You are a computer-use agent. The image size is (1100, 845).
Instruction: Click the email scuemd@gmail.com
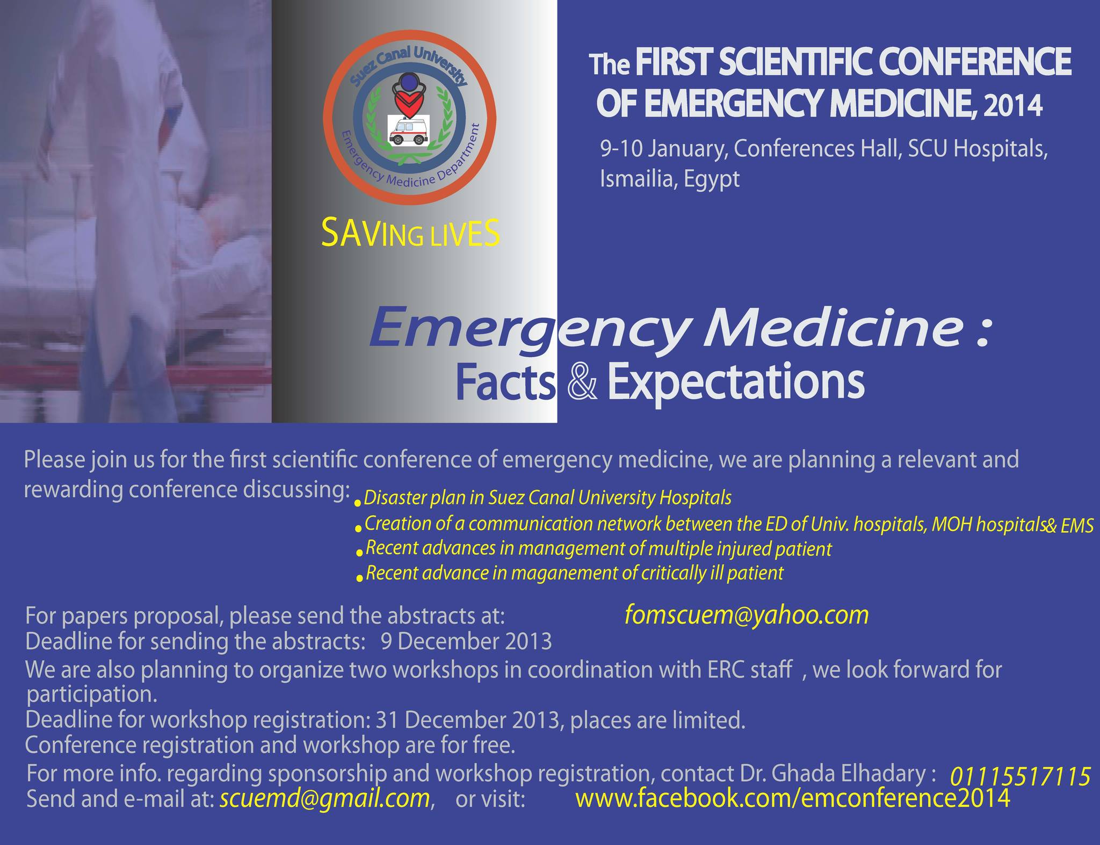[324, 799]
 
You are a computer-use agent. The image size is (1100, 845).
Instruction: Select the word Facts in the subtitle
[505, 382]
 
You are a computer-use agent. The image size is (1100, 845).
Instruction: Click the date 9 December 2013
[466, 642]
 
